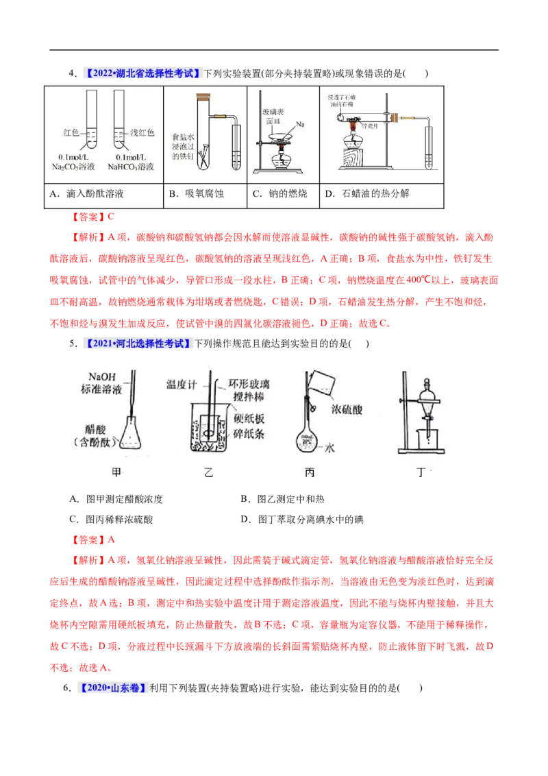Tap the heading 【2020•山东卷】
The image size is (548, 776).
(114, 688)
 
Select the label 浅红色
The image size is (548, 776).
(142, 132)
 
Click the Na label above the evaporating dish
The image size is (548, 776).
(300, 125)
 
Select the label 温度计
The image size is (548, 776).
(182, 386)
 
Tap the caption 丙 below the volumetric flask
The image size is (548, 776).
(310, 472)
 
